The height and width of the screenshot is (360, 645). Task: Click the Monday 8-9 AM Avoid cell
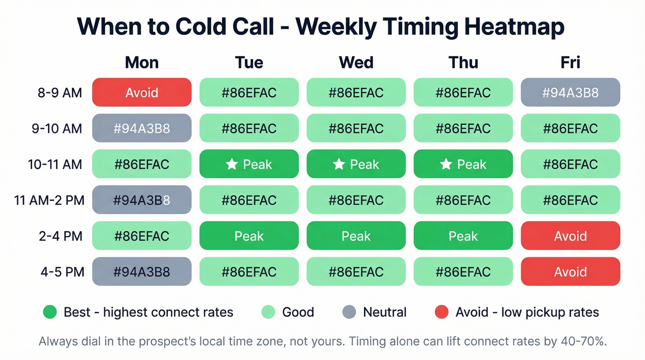click(141, 93)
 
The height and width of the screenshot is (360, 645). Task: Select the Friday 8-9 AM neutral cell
click(570, 93)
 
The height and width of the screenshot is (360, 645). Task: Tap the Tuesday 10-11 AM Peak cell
click(249, 164)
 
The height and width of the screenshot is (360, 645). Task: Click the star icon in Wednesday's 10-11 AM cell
click(339, 164)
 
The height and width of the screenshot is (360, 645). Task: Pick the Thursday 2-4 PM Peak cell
click(463, 236)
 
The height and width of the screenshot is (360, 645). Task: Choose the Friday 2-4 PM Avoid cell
click(570, 236)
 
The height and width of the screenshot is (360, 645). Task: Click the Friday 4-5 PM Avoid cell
click(570, 271)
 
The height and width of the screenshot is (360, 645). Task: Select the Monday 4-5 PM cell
click(141, 271)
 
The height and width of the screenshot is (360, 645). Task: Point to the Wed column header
click(356, 63)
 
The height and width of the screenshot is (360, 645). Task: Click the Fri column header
click(570, 63)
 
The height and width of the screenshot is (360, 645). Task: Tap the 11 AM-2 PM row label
click(49, 201)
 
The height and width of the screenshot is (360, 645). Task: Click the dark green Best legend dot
click(49, 312)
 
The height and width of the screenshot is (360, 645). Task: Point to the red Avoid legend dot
click(441, 312)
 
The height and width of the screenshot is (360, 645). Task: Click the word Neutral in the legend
click(385, 312)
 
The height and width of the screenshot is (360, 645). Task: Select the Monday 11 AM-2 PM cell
click(141, 200)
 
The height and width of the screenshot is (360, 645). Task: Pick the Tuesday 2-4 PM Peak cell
click(249, 236)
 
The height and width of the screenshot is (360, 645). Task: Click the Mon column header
click(141, 63)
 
